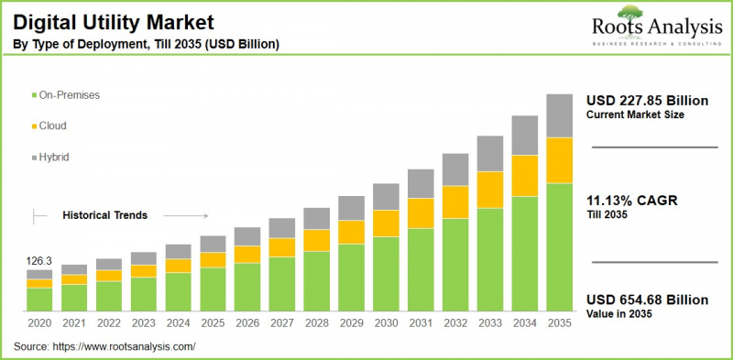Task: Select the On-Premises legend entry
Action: tap(69, 94)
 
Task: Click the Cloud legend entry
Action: tap(52, 125)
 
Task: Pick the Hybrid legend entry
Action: tap(54, 157)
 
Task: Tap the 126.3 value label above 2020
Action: tap(39, 260)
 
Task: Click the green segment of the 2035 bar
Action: tap(559, 247)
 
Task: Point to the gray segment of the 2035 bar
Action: tap(559, 115)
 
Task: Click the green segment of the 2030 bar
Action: tap(386, 275)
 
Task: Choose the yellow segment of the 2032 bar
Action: tap(455, 202)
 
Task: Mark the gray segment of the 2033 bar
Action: tap(490, 153)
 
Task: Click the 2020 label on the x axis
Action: tap(39, 323)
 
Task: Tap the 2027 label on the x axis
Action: tap(282, 323)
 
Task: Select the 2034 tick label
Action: tap(524, 323)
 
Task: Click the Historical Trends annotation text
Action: tap(105, 215)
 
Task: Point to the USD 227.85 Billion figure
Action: tap(647, 101)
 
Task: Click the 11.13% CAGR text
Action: tap(633, 201)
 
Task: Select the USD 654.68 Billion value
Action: tap(647, 300)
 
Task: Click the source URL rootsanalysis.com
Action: tap(127, 346)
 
